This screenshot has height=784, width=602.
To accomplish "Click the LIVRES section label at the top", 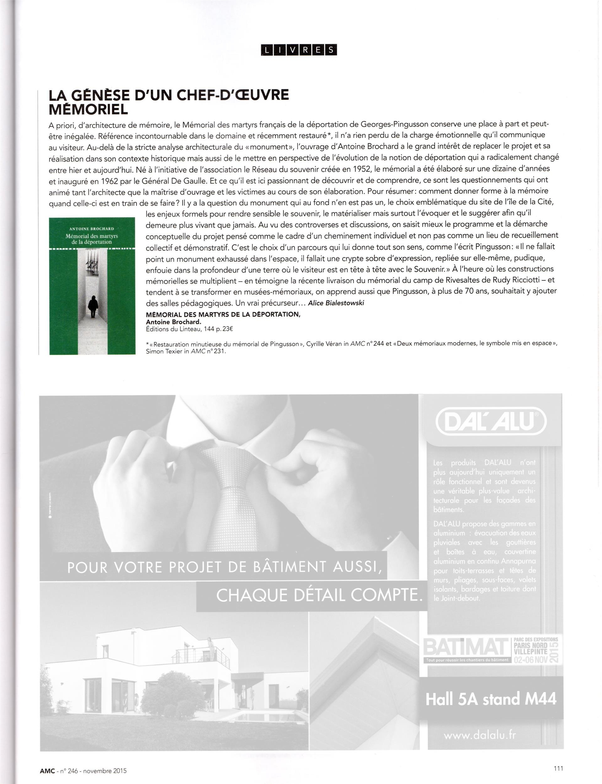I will click(298, 50).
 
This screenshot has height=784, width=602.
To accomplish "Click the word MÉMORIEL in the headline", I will click(88, 109).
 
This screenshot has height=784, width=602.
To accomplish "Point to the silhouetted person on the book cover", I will click(93, 306).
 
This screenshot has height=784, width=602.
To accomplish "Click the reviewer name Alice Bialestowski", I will click(336, 303).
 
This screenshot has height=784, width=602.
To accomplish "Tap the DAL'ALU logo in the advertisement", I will click(491, 423).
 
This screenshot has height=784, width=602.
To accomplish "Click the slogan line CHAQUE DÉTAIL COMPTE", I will click(318, 595).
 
